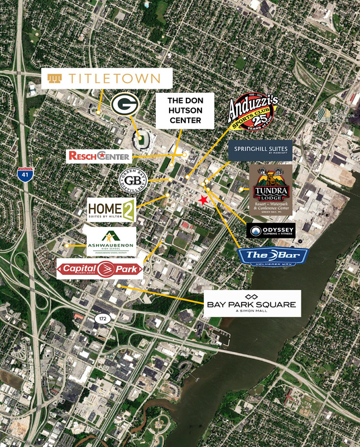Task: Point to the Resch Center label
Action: click(x=99, y=156)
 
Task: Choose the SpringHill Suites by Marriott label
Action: click(x=260, y=149)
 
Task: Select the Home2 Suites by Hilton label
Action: click(x=111, y=211)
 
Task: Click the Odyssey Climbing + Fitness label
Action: click(x=271, y=231)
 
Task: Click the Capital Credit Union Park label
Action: click(x=100, y=269)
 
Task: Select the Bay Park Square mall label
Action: click(x=252, y=303)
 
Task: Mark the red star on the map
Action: click(x=204, y=200)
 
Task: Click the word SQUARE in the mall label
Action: click(x=272, y=305)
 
